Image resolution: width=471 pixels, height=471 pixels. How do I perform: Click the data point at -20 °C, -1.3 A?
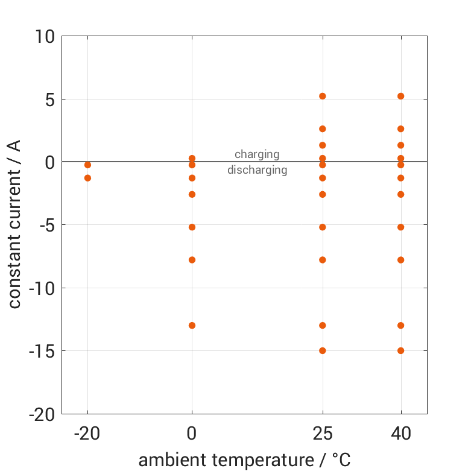pos(88,178)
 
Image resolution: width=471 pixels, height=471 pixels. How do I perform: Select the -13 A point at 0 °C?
pos(192,326)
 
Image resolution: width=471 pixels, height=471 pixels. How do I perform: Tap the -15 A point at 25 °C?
pos(323,350)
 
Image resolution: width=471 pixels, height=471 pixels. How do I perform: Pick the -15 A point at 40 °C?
pos(400,350)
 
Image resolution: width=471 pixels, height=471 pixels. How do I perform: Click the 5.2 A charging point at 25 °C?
pos(323,96)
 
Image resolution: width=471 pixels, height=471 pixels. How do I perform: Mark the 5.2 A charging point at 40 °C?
pos(400,96)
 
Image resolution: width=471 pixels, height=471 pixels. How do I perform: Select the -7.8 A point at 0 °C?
pos(192,260)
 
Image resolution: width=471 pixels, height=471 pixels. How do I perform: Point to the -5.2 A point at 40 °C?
pos(400,227)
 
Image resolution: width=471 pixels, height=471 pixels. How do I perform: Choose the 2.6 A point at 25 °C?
pos(323,129)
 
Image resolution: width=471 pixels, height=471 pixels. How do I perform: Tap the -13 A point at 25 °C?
pos(323,326)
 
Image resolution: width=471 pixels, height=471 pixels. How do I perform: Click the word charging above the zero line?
pos(257,154)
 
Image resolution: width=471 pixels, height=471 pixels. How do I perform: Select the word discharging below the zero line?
pos(257,170)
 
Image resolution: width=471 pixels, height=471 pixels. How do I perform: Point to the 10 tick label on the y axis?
pos(44,37)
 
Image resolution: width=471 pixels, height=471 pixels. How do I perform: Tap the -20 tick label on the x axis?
pos(88,433)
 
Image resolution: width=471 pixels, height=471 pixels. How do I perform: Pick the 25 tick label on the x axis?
pos(323,433)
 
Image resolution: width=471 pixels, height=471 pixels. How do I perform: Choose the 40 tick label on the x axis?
pos(400,433)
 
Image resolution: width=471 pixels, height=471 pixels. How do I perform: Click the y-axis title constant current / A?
pos(14,224)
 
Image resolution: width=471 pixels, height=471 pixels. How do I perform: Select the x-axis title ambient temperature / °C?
pos(244,460)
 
